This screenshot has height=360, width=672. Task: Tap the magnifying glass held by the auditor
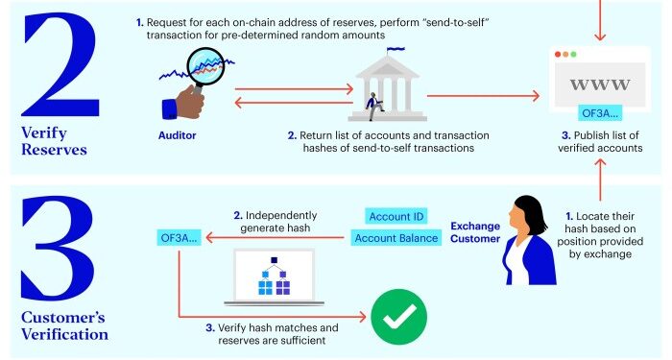tap(205, 69)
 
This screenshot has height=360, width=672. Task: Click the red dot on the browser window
tap(561, 55)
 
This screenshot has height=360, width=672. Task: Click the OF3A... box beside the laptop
tap(180, 236)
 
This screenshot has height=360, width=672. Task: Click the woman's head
tap(528, 213)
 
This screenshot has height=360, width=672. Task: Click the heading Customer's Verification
tap(61, 326)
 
